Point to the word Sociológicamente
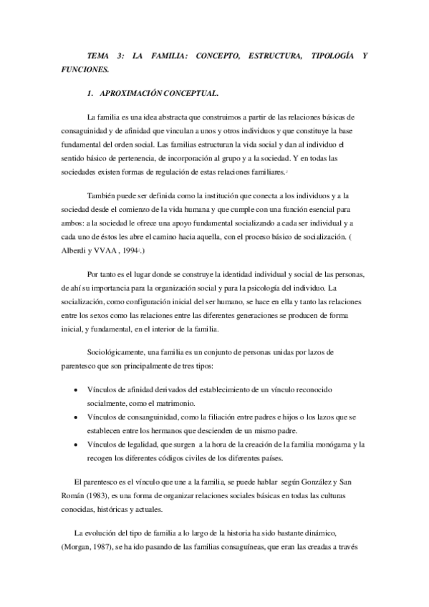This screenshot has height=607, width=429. pos(115,353)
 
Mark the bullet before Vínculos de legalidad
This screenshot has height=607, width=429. pos(77,445)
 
